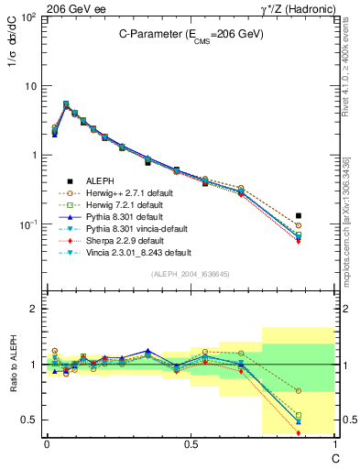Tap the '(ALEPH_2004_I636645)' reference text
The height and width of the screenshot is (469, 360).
[190, 274]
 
